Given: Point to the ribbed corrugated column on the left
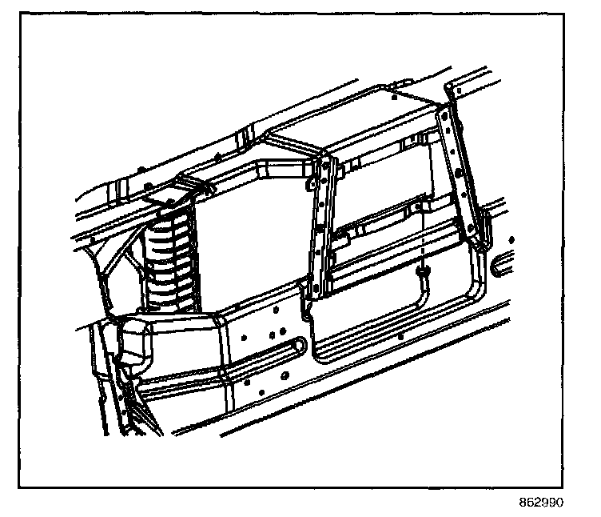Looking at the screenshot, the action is tap(171, 260).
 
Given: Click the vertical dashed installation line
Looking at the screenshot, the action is tap(419, 240).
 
